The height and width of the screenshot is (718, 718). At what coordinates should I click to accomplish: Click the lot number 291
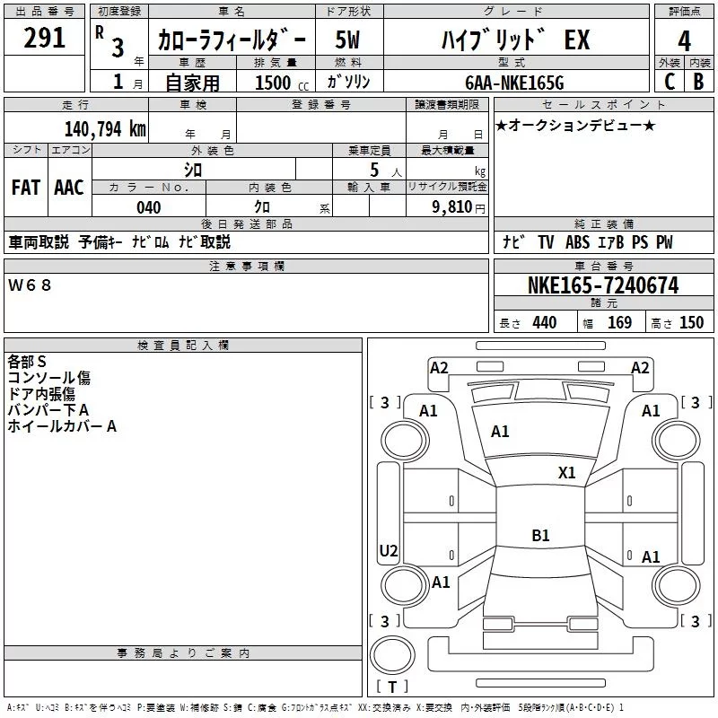point(44,38)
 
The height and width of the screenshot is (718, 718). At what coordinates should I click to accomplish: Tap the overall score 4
point(684,41)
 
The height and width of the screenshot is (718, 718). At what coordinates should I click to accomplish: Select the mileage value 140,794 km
point(105,129)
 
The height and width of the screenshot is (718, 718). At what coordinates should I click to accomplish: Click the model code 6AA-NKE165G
point(514,83)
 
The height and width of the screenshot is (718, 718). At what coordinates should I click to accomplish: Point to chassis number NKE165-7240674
point(603,285)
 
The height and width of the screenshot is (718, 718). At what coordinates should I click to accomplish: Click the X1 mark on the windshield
point(566,473)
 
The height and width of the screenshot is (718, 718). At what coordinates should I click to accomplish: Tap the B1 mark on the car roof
point(540,535)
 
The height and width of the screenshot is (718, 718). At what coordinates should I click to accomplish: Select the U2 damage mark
point(389,550)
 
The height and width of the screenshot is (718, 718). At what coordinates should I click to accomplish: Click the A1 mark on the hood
point(500,432)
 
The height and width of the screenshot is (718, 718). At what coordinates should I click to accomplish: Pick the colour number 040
point(149,207)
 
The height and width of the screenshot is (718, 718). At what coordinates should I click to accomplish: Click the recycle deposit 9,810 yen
point(459,207)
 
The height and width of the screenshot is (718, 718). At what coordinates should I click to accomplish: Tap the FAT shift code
point(26,188)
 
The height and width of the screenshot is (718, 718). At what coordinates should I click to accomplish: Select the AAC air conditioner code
point(69,188)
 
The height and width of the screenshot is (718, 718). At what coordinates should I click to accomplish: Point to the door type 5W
point(347,39)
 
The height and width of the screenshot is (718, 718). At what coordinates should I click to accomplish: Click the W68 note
point(30,285)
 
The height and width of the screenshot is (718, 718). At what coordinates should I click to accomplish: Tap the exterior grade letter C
point(670,82)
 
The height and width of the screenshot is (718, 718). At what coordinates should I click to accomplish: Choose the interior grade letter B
point(698,82)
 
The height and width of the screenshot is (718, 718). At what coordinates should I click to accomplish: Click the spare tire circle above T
point(392,655)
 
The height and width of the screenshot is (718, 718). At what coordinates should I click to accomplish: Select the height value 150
point(691,323)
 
